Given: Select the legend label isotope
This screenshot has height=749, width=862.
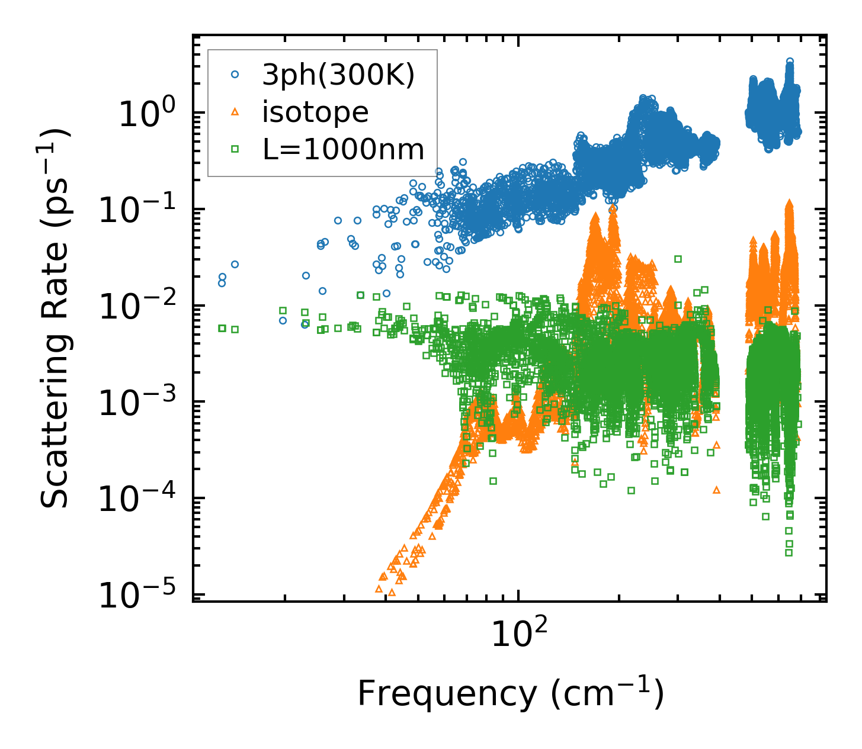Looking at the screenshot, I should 315,112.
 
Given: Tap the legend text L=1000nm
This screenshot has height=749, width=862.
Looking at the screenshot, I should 344,150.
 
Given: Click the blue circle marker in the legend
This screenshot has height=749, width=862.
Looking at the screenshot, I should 235,75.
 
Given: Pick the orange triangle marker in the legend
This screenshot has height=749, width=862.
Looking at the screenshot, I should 235,112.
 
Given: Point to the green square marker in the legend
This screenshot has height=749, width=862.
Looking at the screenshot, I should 235,150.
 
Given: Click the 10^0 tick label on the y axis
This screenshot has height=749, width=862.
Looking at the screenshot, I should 146,114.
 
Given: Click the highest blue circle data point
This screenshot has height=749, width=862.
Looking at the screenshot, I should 790,62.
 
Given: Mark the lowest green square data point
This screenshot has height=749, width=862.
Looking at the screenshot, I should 789,552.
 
